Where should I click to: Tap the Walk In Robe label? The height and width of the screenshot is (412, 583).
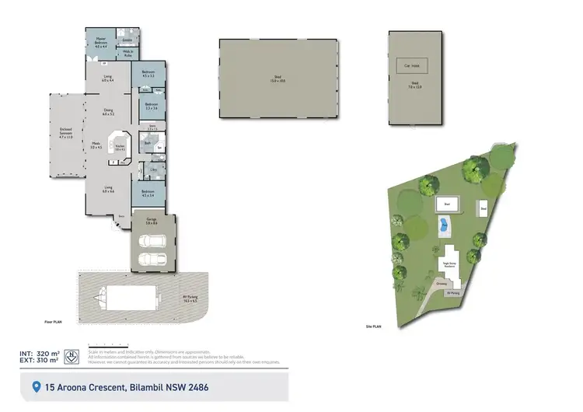pyautogui.click(x=127, y=54)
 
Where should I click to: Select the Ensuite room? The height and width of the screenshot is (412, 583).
pyautogui.click(x=127, y=38)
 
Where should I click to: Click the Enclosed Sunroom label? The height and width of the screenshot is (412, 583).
pyautogui.click(x=66, y=132)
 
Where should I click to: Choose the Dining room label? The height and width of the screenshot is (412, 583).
pyautogui.click(x=109, y=112)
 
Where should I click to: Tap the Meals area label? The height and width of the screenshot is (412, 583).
pyautogui.click(x=96, y=145)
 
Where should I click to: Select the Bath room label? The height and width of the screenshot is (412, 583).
pyautogui.click(x=148, y=143)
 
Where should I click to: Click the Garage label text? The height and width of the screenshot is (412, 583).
pyautogui.click(x=152, y=222)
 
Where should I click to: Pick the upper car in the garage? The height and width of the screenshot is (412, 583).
pyautogui.click(x=151, y=239)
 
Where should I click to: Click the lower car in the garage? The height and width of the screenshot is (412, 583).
pyautogui.click(x=151, y=260)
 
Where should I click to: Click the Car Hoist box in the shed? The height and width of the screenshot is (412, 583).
pyautogui.click(x=414, y=65)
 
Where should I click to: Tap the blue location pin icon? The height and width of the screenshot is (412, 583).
pyautogui.click(x=36, y=386)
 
